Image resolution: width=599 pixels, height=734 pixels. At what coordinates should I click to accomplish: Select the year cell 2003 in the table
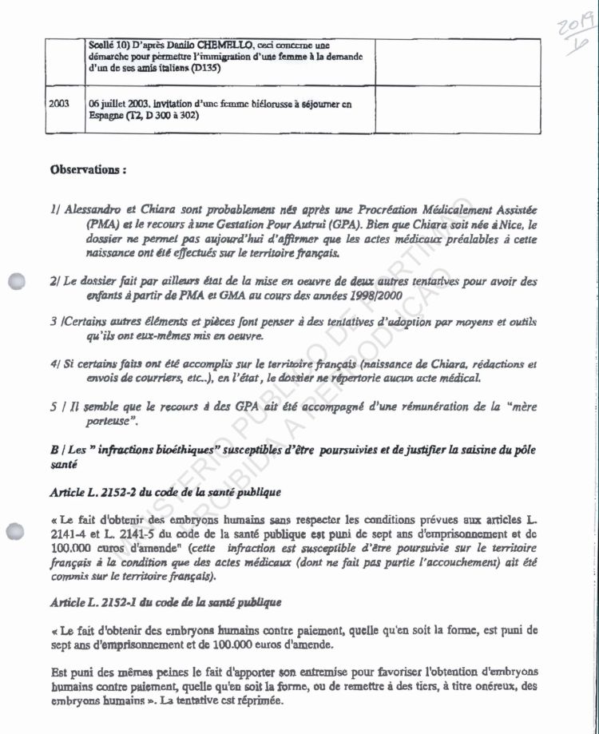[59, 104]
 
